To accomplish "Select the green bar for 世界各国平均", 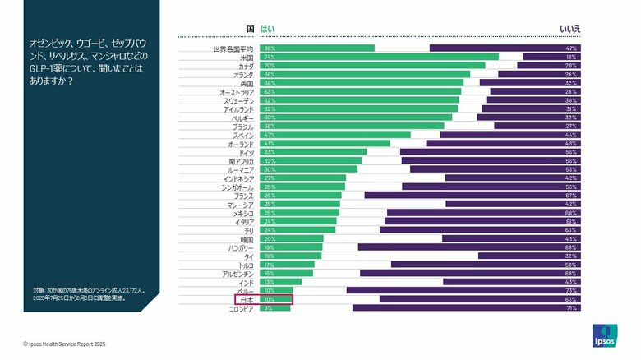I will click(317, 48).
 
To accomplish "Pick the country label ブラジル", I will click(242, 127).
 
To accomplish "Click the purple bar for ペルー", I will click(464, 291).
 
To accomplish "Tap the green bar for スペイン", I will click(335, 135).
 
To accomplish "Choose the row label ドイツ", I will click(245, 152).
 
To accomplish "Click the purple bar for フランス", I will click(473, 196).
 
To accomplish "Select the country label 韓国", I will click(247, 239).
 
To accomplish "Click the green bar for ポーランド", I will click(325, 144).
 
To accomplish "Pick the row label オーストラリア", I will click(237, 91).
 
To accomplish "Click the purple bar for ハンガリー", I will click(470, 247).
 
